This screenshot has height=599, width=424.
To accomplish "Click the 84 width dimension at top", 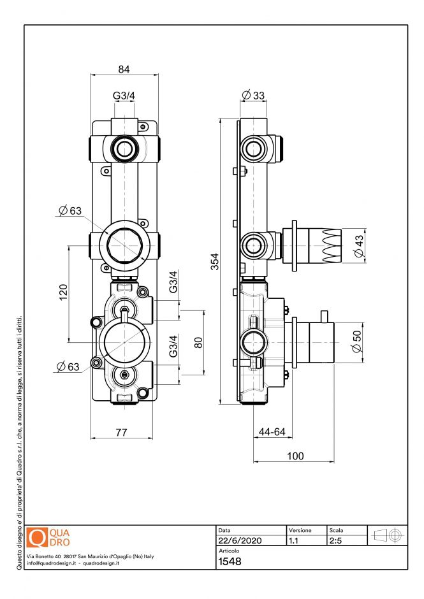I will click(124, 69).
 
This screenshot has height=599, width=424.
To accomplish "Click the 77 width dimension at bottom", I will click(121, 432).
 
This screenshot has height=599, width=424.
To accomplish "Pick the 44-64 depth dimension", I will click(272, 432).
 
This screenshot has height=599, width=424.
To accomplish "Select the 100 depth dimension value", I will click(295, 456).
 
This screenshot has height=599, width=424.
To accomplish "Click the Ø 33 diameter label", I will click(253, 96).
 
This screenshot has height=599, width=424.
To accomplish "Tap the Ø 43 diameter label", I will click(358, 246).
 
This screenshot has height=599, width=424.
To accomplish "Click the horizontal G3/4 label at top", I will click(124, 96).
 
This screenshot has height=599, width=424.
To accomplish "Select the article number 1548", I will click(230, 561).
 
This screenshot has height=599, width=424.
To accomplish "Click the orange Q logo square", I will click(38, 537).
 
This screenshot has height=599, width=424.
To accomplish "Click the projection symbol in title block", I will click(388, 535).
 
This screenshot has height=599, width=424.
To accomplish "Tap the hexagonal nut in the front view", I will click(124, 244).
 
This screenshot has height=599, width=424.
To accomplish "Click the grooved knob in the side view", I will click(332, 246).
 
